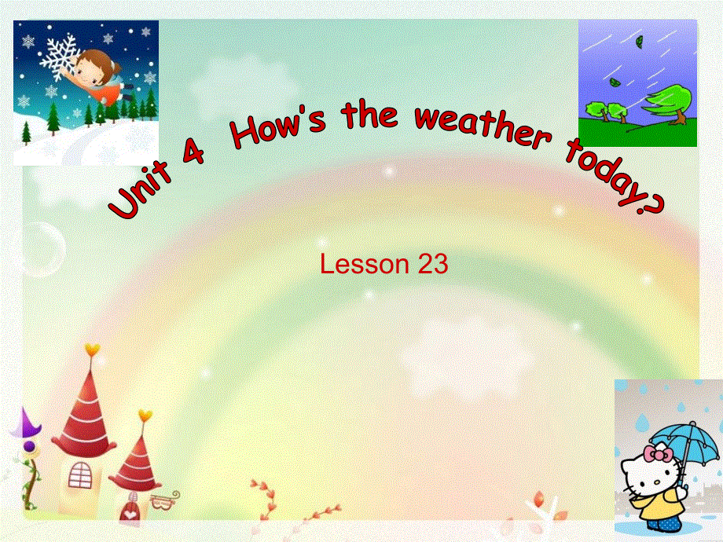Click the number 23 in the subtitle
coord(433,265)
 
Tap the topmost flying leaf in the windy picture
coord(640,41)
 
